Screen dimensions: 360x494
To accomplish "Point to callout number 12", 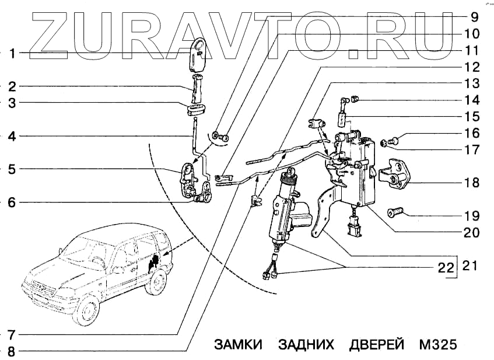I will click(472, 67).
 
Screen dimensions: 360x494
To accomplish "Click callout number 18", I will click(472, 183).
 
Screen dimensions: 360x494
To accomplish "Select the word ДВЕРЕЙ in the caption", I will click(377, 344).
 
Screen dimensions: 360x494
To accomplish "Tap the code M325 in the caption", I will click(437, 344).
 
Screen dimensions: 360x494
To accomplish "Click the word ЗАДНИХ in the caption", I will click(306, 344).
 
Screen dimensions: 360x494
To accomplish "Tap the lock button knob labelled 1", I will click(199, 53).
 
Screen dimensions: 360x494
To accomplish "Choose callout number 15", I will click(472, 116).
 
